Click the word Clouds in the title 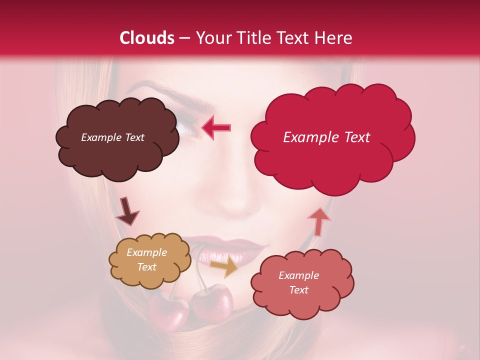(x=147, y=38)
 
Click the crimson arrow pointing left (x=216, y=127)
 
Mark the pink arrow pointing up (x=318, y=220)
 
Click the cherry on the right (x=213, y=302)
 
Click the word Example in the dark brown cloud (x=100, y=137)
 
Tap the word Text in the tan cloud (x=146, y=267)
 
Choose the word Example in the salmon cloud (x=298, y=275)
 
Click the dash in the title (x=185, y=38)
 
